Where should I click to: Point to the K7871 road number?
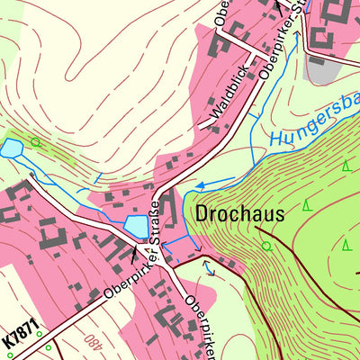[x=21, y=337]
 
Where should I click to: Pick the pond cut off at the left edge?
[x=11, y=148]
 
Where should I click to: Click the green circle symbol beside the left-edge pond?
[x=36, y=141]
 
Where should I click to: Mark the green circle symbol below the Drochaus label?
[x=266, y=245]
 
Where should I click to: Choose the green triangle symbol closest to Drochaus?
[x=307, y=206]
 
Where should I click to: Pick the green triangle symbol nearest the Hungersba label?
[x=346, y=166]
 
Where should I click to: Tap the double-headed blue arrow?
[x=210, y=265]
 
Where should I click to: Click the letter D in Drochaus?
[x=200, y=214]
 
